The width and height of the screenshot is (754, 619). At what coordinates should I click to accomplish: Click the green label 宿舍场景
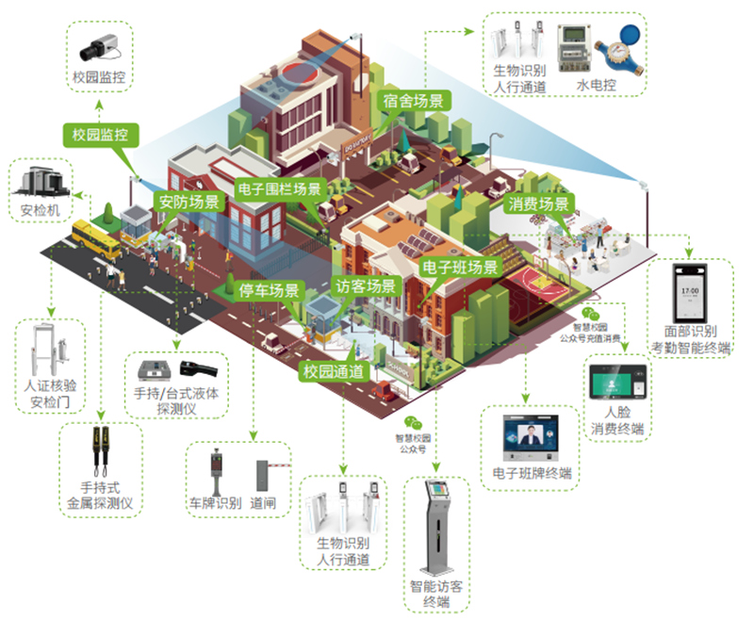(x=414, y=101)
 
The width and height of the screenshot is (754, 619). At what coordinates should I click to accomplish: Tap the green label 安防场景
(x=188, y=202)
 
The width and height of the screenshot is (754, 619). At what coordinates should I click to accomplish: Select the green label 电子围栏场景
(x=280, y=187)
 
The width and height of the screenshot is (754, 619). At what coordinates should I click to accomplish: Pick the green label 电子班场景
(x=459, y=268)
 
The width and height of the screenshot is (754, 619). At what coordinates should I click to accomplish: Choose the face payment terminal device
(x=618, y=381)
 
